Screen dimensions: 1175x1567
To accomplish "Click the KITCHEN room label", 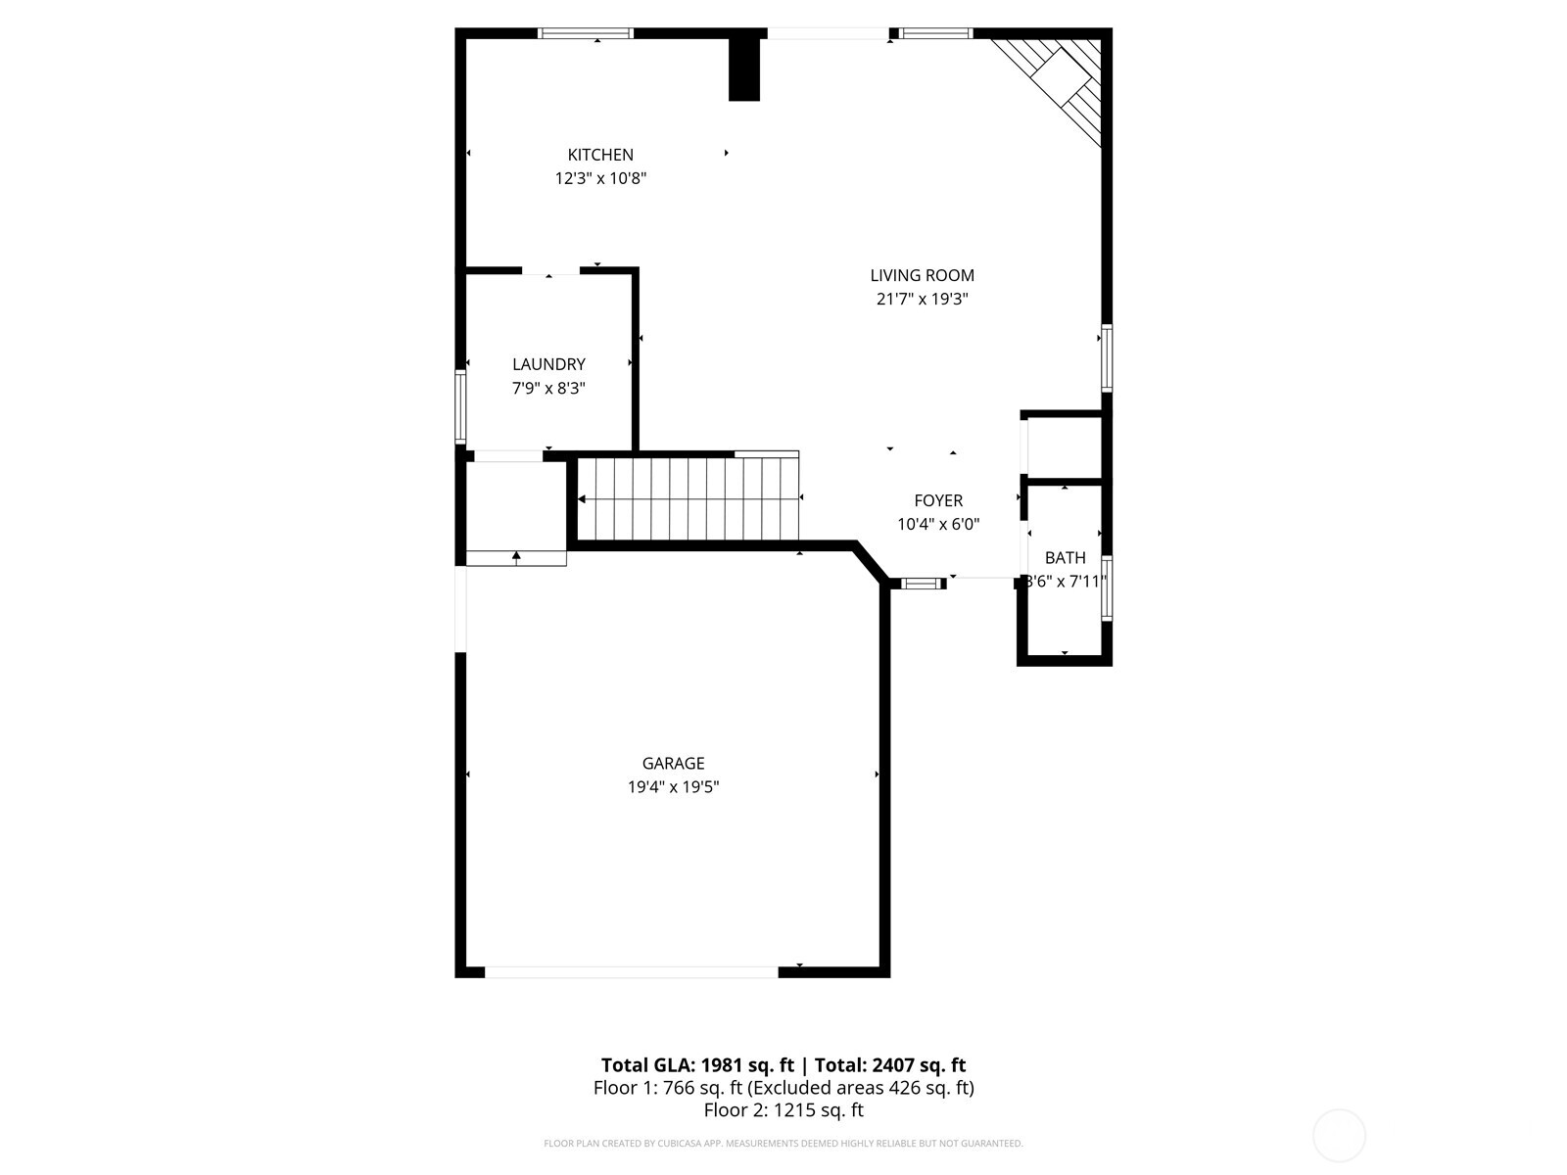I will [x=600, y=155].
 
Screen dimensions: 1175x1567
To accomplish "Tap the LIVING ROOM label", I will [x=922, y=276].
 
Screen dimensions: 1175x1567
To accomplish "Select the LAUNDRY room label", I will [x=548, y=364].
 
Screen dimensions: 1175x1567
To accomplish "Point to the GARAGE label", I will [x=673, y=764].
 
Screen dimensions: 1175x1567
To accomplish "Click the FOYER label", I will [x=938, y=501].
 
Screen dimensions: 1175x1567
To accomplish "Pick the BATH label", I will [x=1065, y=558].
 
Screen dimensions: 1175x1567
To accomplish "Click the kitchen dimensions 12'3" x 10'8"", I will [x=600, y=179].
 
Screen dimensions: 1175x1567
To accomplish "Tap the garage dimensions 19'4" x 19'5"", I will [x=673, y=787].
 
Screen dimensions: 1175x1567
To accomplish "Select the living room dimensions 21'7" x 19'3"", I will [x=922, y=300].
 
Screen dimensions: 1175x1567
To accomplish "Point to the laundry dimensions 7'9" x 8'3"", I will [x=548, y=389].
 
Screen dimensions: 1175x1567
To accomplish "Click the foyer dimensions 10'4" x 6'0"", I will [x=938, y=525].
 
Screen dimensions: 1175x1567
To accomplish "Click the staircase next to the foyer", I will [x=689, y=498].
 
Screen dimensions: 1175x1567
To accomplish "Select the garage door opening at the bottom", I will [x=632, y=972].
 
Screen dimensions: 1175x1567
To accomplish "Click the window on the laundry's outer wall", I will [x=460, y=406].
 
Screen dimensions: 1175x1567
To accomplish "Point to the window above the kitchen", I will [x=586, y=33].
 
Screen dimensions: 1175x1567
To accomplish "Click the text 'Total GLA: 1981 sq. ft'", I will [x=696, y=1065].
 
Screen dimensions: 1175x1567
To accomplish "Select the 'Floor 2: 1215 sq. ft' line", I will [x=783, y=1110].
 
